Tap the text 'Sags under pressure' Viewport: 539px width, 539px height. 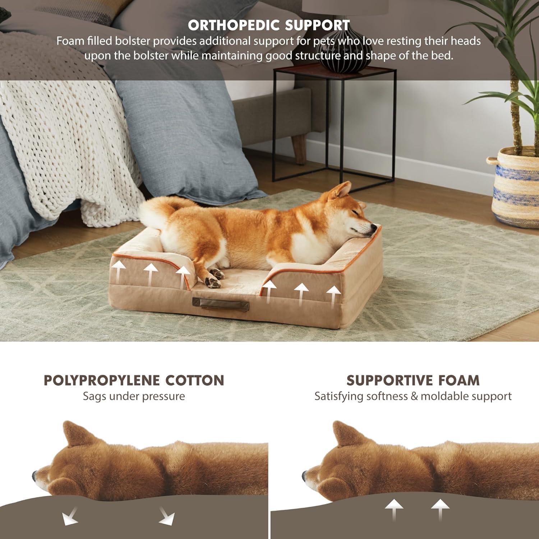pos(134,396)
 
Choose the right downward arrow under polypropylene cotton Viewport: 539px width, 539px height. pos(167,517)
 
